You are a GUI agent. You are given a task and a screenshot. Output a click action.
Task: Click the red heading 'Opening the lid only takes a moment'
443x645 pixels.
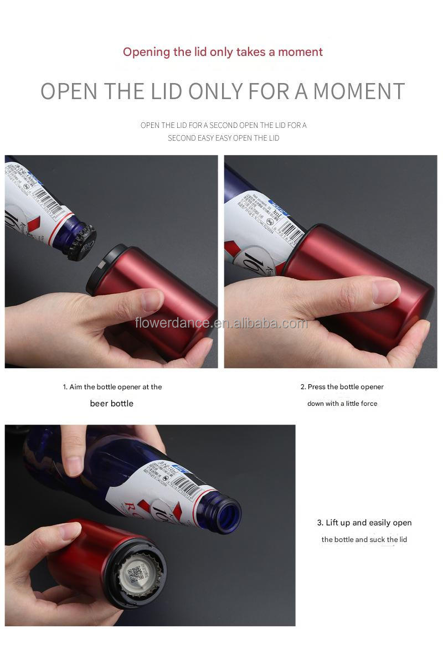point(223,52)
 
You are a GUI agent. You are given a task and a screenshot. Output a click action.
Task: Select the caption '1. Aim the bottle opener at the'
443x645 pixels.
point(112,387)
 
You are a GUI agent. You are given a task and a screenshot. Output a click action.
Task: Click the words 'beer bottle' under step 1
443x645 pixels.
point(111,404)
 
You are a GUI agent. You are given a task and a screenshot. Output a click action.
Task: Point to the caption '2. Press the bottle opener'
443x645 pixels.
point(342,387)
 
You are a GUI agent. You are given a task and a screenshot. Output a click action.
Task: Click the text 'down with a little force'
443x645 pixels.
point(342,404)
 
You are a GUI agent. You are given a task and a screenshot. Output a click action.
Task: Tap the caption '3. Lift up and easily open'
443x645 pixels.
point(364,523)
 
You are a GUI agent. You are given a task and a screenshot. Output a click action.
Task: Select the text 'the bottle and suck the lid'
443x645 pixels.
point(364,539)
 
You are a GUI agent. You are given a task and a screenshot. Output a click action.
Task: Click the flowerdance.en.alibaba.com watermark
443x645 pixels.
point(221,323)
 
